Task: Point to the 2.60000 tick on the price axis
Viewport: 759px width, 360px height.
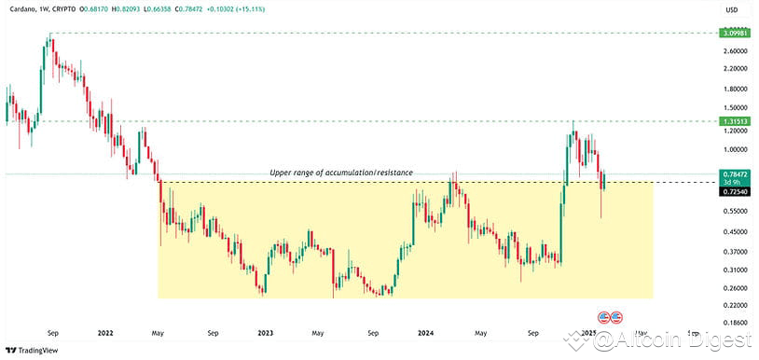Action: click(x=733, y=50)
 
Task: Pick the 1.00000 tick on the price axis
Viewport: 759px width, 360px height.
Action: click(x=733, y=148)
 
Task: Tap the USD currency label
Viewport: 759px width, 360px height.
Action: click(x=732, y=10)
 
